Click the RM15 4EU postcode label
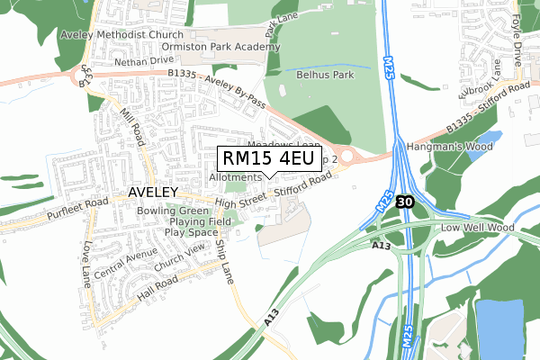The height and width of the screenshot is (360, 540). (268, 159)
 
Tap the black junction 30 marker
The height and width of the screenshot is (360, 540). (404, 203)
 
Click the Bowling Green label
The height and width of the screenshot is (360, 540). (173, 211)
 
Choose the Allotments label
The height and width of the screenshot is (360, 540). (235, 177)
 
